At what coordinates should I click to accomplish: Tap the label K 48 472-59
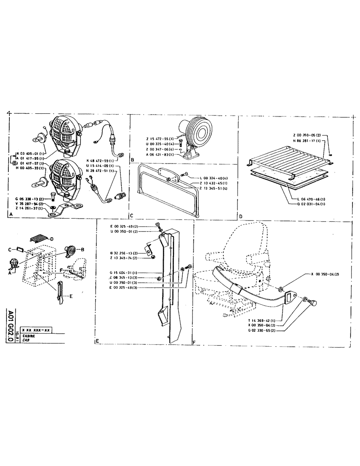[x=101, y=160]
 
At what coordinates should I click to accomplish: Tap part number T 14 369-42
[x=263, y=321]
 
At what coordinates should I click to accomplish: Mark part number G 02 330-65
[x=263, y=330]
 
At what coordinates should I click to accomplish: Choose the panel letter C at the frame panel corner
[x=133, y=216]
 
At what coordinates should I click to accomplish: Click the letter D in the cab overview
[x=52, y=239]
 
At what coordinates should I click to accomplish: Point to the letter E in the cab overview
[x=71, y=296]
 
